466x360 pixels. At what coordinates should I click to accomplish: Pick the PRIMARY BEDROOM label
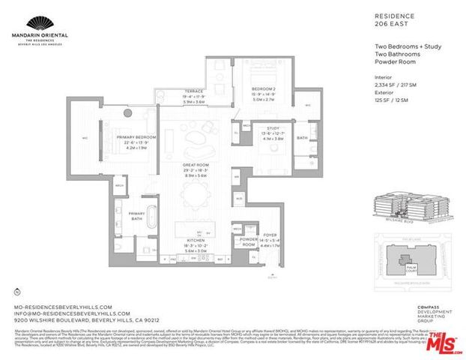pos(136,137)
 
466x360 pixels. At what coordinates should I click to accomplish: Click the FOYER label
pos(269,235)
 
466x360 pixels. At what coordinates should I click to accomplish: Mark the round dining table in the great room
pos(200,196)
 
